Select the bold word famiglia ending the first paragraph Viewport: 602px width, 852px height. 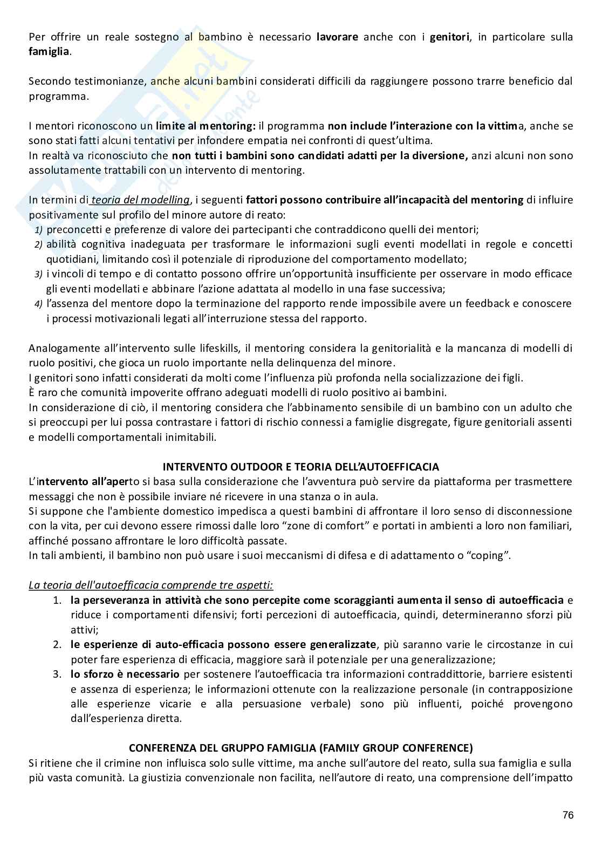[x=49, y=52]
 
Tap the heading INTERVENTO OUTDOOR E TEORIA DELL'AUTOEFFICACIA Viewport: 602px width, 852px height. [x=301, y=466]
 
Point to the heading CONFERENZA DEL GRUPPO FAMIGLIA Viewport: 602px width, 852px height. [x=300, y=748]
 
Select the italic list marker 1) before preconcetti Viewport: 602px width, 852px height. [x=39, y=230]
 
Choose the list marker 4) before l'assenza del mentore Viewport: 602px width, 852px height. [x=39, y=304]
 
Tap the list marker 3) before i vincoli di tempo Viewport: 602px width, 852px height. [x=39, y=274]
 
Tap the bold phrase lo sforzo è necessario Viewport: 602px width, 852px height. [x=125, y=674]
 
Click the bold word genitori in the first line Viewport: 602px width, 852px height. [x=450, y=37]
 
